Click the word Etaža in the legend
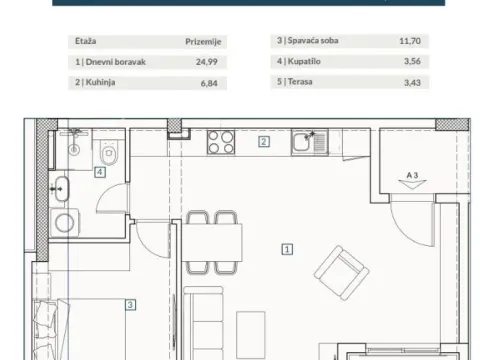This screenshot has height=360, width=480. pyautogui.click(x=84, y=43)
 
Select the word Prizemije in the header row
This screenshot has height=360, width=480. pyautogui.click(x=203, y=43)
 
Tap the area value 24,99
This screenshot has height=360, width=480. pyautogui.click(x=207, y=60)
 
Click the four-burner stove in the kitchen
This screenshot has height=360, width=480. pyautogui.click(x=220, y=145)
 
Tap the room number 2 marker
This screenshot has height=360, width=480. pyautogui.click(x=263, y=142)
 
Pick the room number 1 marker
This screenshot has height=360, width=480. pyautogui.click(x=287, y=250)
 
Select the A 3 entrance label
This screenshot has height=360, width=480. pyautogui.click(x=412, y=174)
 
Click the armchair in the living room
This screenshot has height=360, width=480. pyautogui.click(x=340, y=269)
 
